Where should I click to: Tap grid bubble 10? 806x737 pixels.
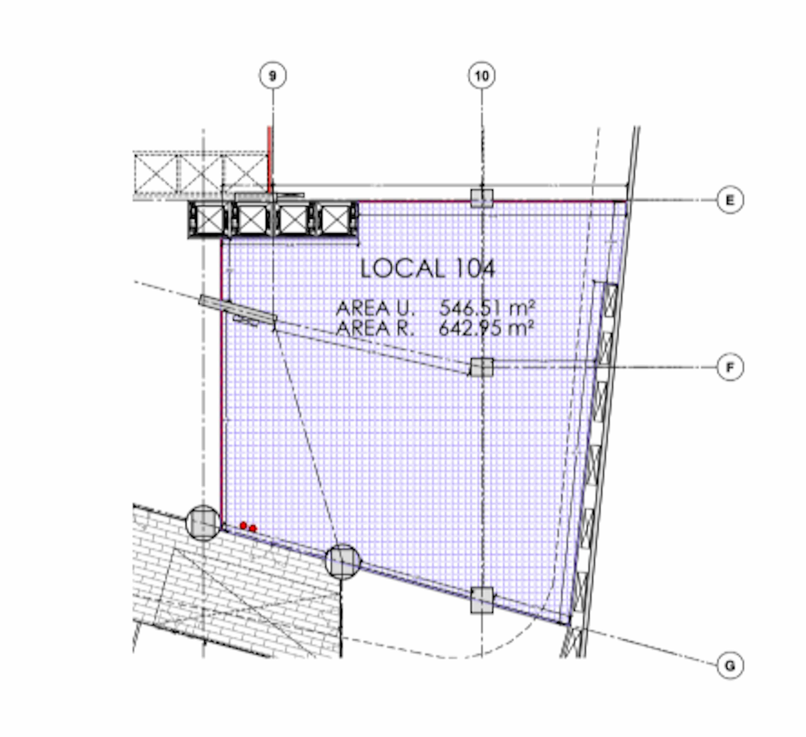pos(482,76)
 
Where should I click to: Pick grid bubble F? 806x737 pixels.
pos(730,367)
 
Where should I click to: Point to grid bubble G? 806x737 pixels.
pos(730,666)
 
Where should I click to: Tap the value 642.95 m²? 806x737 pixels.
pos(487,329)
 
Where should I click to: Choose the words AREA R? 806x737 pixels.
pos(374,329)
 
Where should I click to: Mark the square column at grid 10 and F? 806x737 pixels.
pos(482,367)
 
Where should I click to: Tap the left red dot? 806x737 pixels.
pos(243,525)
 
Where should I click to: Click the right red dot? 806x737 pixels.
pos(253,529)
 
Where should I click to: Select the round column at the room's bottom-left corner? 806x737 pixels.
pos(203,523)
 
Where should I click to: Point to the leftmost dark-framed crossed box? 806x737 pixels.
pos(210,220)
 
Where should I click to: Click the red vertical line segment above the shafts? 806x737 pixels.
pos(270,158)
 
